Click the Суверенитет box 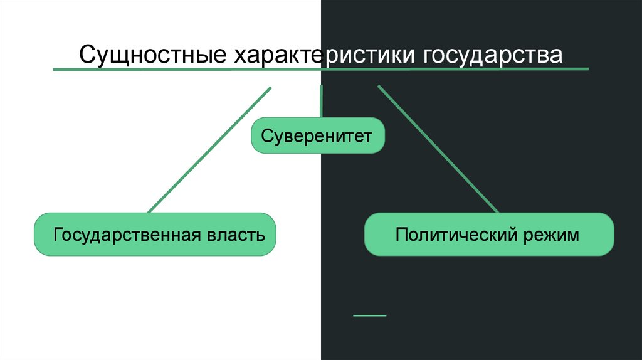tap(317, 135)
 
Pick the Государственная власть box tap(155, 234)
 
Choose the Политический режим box tap(488, 234)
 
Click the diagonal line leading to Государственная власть tap(209, 149)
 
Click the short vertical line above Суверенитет tap(321, 101)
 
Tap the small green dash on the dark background tap(370, 315)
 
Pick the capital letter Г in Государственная tap(58, 235)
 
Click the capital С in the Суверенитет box tap(266, 136)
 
